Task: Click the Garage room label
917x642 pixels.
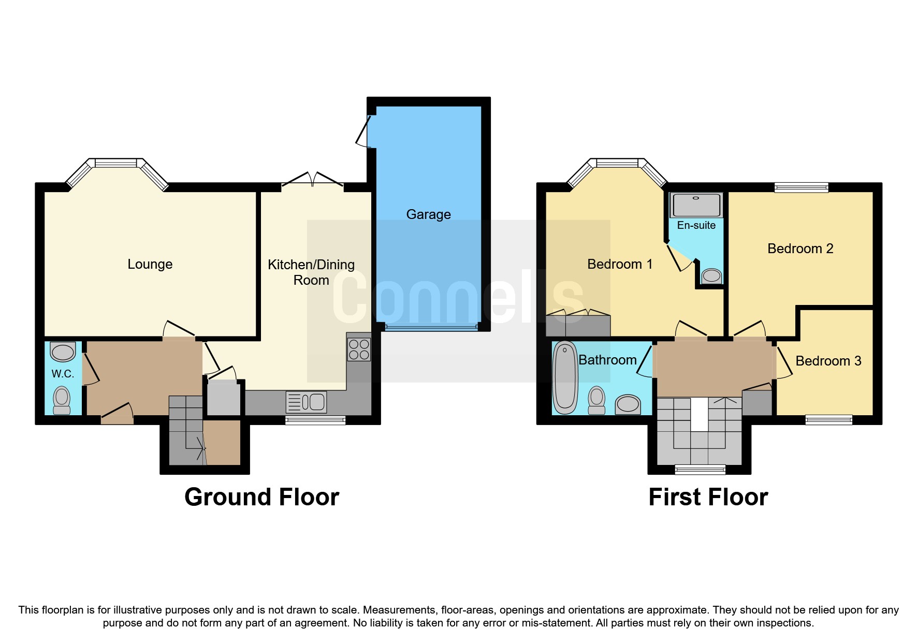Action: [428, 214]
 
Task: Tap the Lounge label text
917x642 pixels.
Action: [150, 264]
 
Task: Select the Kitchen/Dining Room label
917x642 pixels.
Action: [311, 272]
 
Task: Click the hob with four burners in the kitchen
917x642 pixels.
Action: [358, 349]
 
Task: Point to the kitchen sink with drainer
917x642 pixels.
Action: [306, 402]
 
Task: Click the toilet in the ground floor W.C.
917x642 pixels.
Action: [62, 401]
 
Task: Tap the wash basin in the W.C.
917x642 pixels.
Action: [63, 352]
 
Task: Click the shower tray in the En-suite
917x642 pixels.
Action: [696, 206]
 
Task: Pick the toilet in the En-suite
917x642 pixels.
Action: [711, 275]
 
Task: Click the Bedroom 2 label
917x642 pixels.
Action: [800, 249]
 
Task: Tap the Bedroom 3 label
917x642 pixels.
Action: [828, 361]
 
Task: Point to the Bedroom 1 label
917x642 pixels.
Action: [619, 264]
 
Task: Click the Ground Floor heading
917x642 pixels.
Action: [261, 497]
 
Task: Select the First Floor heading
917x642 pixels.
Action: [708, 497]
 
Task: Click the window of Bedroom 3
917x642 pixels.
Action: [828, 419]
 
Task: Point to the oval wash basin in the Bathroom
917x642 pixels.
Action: [628, 404]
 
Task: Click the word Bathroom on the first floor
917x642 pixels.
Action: [607, 360]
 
